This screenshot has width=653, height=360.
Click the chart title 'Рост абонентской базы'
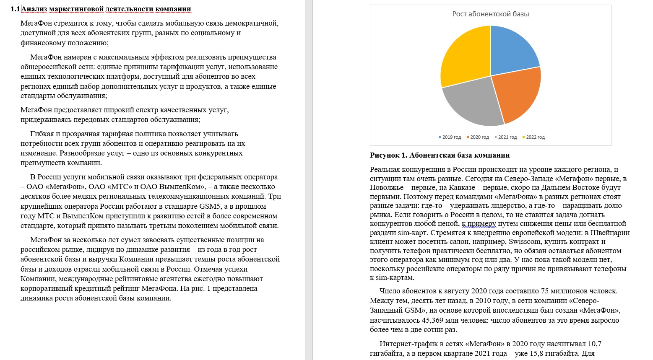point(490,14)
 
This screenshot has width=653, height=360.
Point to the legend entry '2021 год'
point(507,137)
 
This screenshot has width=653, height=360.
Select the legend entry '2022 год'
point(535,137)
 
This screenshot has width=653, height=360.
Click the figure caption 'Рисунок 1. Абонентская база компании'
point(440,155)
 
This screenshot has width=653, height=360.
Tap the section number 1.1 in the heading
point(15,9)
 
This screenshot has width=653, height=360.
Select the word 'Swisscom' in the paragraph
point(522,242)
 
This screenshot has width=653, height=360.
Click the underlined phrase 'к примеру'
point(479,224)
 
